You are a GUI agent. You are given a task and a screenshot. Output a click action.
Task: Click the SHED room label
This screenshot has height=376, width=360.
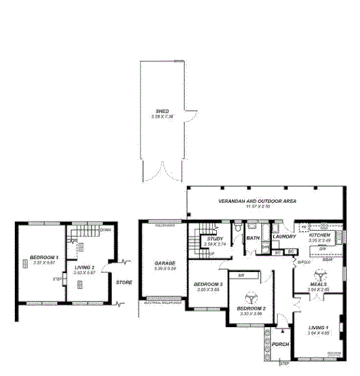(161, 111)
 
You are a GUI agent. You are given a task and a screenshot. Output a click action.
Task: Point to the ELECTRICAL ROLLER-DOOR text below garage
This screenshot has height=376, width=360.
(163, 303)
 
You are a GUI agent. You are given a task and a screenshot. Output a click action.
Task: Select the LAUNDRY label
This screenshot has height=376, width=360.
(285, 236)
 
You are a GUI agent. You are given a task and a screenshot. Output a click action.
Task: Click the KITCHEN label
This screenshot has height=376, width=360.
(319, 235)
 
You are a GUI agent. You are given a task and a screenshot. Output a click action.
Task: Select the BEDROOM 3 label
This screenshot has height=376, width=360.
(208, 284)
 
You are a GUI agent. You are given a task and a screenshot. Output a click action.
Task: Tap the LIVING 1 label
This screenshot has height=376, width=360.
(317, 328)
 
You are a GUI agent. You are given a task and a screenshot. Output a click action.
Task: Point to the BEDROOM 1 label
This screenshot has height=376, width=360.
(44, 257)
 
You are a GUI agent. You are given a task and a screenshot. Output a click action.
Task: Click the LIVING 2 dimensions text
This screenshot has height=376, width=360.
(87, 273)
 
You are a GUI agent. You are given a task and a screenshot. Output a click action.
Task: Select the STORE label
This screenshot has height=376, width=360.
(124, 282)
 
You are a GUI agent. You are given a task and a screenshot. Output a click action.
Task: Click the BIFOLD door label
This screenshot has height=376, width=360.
(303, 262)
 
